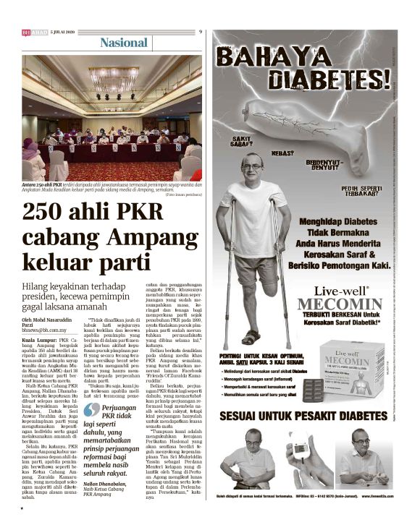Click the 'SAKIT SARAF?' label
click(x=243, y=141)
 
